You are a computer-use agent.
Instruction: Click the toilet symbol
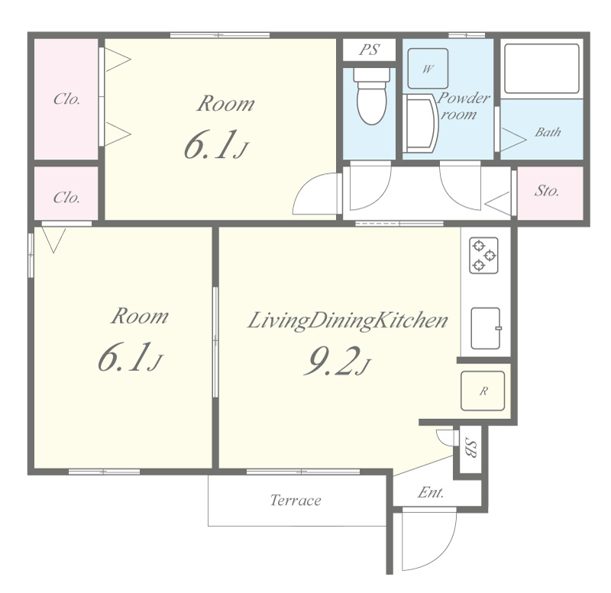[x=372, y=96]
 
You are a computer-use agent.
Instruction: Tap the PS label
[x=369, y=50]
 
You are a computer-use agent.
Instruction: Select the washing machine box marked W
[x=428, y=69]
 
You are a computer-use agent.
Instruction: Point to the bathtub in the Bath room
[x=541, y=69]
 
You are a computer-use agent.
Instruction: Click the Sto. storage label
[x=546, y=190]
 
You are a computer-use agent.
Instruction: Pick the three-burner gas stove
[x=483, y=256]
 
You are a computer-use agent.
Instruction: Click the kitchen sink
[x=486, y=328]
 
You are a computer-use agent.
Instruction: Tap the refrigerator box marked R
[x=483, y=391]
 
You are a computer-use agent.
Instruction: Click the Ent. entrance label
[x=431, y=493]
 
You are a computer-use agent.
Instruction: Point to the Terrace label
[x=296, y=500]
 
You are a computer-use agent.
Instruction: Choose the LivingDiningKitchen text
[x=348, y=321]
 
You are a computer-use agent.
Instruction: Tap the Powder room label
[x=463, y=106]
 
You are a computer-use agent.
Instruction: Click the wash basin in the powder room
[x=421, y=124]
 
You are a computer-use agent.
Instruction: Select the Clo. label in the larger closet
[x=66, y=99]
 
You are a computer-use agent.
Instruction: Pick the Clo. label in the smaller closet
[x=66, y=198]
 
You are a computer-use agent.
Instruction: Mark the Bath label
[x=548, y=132]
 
